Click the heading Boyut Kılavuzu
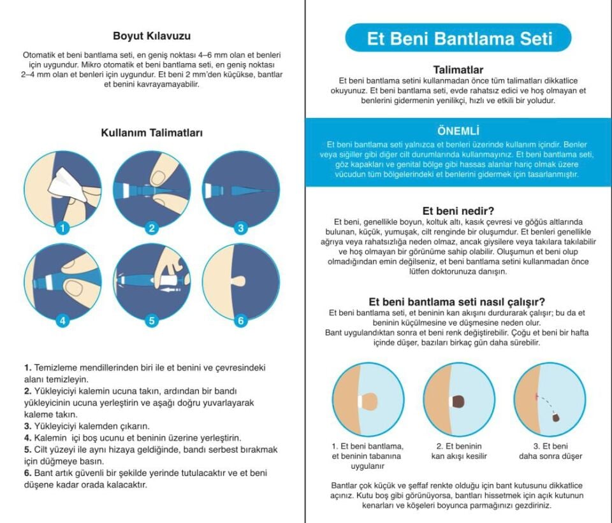(x=152, y=36)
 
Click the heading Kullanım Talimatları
(x=152, y=133)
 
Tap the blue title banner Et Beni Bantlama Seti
(x=458, y=38)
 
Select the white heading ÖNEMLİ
(x=458, y=131)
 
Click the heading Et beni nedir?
(x=458, y=210)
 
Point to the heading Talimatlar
(x=458, y=69)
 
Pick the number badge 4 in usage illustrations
(x=62, y=320)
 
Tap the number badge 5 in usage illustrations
(x=152, y=320)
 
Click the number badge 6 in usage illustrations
(x=240, y=320)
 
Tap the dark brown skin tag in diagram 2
(x=458, y=401)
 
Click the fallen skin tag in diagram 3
(x=556, y=417)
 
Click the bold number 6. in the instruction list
(x=28, y=473)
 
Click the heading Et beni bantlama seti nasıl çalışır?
(x=458, y=302)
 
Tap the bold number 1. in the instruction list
(x=28, y=368)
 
